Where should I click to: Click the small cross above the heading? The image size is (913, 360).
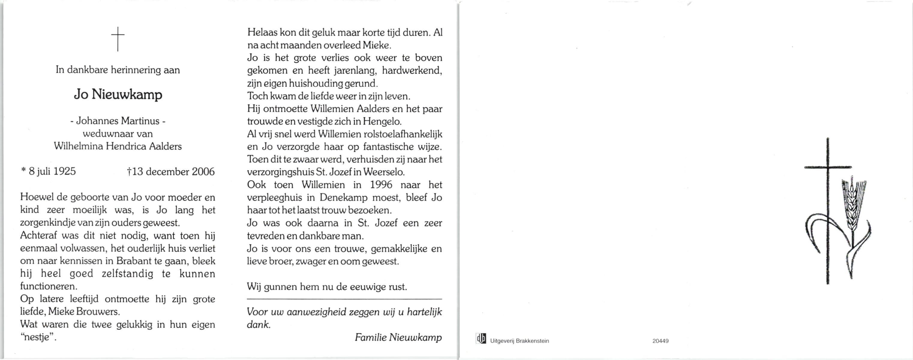118,39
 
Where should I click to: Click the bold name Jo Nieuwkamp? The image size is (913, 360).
118,94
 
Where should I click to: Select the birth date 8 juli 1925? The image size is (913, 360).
52,172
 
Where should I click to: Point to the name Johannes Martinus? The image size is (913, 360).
118,121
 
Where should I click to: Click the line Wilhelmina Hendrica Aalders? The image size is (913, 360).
118,146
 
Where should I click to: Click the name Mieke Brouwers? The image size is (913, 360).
84,312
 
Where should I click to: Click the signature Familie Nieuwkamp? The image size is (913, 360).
398,337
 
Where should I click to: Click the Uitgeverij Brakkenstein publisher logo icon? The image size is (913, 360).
481,339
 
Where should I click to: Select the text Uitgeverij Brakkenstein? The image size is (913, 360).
519,341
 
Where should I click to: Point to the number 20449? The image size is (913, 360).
660,341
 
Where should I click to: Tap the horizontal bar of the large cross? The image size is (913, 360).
828,167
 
